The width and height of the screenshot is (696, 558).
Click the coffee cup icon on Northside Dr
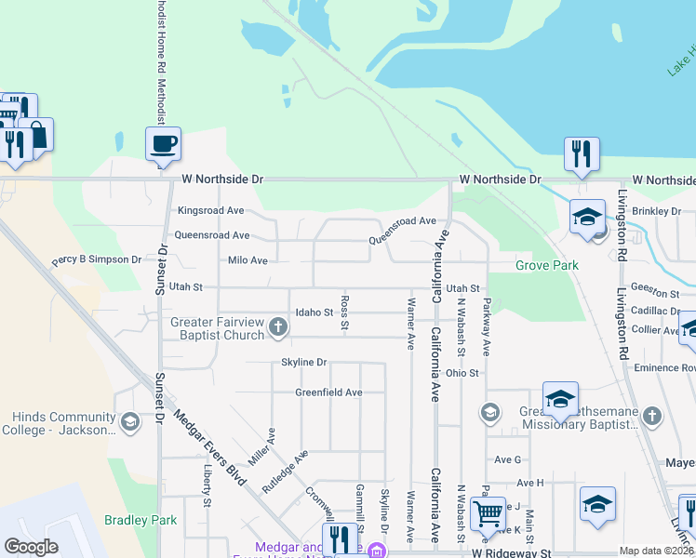163,144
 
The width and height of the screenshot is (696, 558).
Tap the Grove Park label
547,266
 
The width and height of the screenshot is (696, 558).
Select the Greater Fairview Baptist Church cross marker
277,326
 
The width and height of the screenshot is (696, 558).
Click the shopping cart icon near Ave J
487,512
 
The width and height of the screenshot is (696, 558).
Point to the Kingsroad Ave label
210,211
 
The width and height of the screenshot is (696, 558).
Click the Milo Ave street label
248,260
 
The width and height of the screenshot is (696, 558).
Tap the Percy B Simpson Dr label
97,260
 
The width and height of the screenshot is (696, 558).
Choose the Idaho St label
314,312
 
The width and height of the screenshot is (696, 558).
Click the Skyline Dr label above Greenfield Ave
304,362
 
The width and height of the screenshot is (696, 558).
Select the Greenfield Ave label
328,392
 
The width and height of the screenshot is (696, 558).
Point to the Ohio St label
462,373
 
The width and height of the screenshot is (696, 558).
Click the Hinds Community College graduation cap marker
129,422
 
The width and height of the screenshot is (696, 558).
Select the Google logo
31,547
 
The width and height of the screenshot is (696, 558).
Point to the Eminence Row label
664,368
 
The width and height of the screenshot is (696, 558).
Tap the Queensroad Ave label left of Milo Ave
211,235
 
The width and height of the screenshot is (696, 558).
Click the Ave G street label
507,459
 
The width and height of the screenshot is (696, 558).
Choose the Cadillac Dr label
656,312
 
